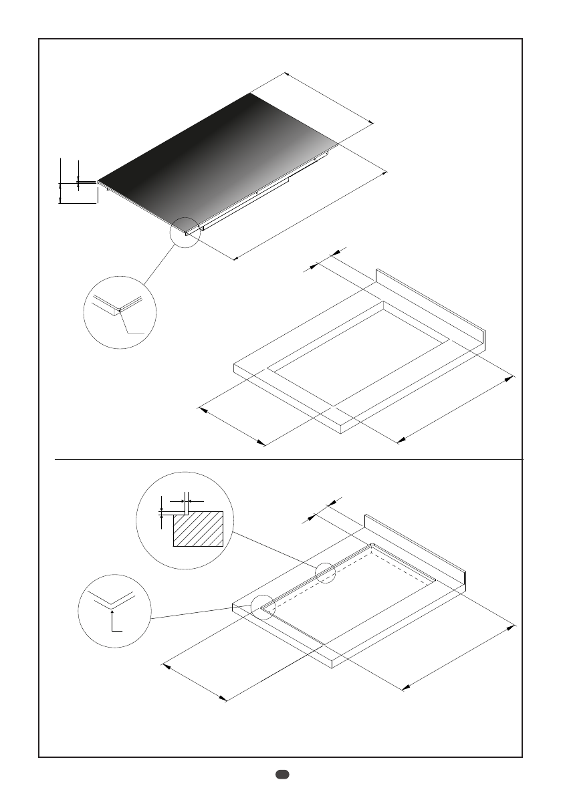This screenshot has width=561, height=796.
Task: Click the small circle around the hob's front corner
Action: pyautogui.click(x=185, y=232)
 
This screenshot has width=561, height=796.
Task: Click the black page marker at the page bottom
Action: pyautogui.click(x=281, y=775)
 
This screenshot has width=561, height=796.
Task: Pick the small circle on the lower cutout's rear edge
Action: pyautogui.click(x=326, y=573)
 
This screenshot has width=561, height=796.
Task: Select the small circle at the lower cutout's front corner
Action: pyautogui.click(x=263, y=607)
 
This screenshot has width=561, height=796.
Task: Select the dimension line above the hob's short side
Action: pyautogui.click(x=328, y=98)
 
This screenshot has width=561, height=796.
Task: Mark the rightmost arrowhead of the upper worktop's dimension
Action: pyautogui.click(x=512, y=377)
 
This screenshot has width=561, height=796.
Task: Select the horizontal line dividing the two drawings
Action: pyautogui.click(x=288, y=460)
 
